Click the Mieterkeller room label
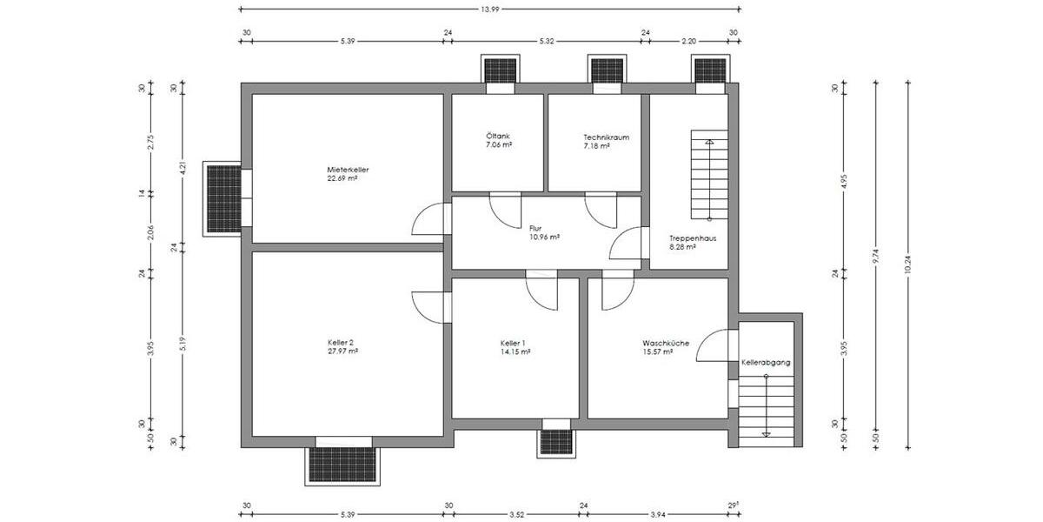point(342,169)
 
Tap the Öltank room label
point(498,137)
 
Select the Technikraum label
point(606,137)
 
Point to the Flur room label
point(535,228)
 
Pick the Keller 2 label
point(340,343)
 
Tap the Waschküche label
point(666,343)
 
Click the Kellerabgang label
point(766,362)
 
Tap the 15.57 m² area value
point(659,351)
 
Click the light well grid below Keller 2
point(343,464)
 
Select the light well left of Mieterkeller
point(223,197)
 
